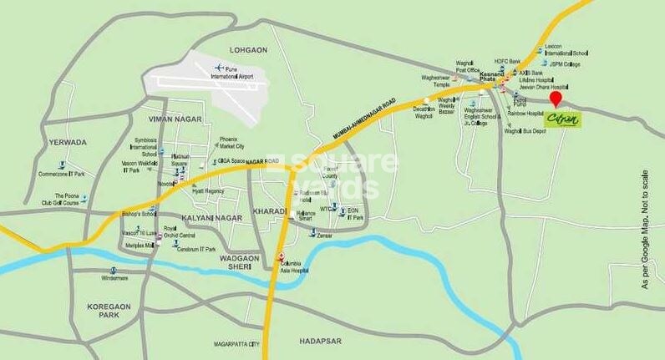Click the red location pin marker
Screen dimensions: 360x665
(556, 99)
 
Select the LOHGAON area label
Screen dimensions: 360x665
(248, 50)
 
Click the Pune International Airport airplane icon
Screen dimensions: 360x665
(221, 68)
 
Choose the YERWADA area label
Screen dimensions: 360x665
(67, 143)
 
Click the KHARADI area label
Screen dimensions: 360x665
(269, 211)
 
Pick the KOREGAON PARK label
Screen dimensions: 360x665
(109, 312)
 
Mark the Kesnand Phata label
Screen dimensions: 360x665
(493, 77)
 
